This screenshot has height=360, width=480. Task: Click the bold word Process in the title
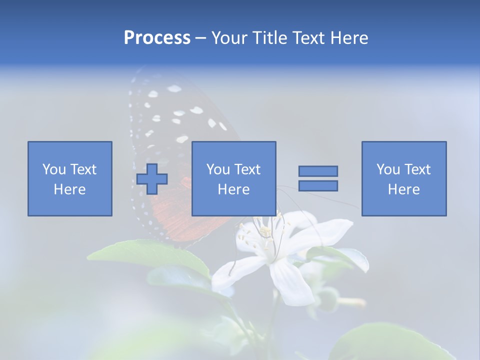click(157, 38)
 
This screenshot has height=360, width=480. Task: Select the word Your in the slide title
click(229, 38)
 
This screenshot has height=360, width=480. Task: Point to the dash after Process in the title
click(200, 38)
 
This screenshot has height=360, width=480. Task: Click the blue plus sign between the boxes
click(152, 179)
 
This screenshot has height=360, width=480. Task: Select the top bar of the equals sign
click(318, 171)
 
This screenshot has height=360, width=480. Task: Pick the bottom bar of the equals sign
click(318, 186)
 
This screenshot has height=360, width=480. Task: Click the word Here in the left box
click(69, 189)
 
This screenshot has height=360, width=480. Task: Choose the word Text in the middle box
click(247, 169)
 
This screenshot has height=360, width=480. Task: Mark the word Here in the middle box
click(233, 189)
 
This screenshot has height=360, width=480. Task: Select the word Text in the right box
click(417, 169)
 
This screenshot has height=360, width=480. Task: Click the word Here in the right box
click(403, 189)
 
